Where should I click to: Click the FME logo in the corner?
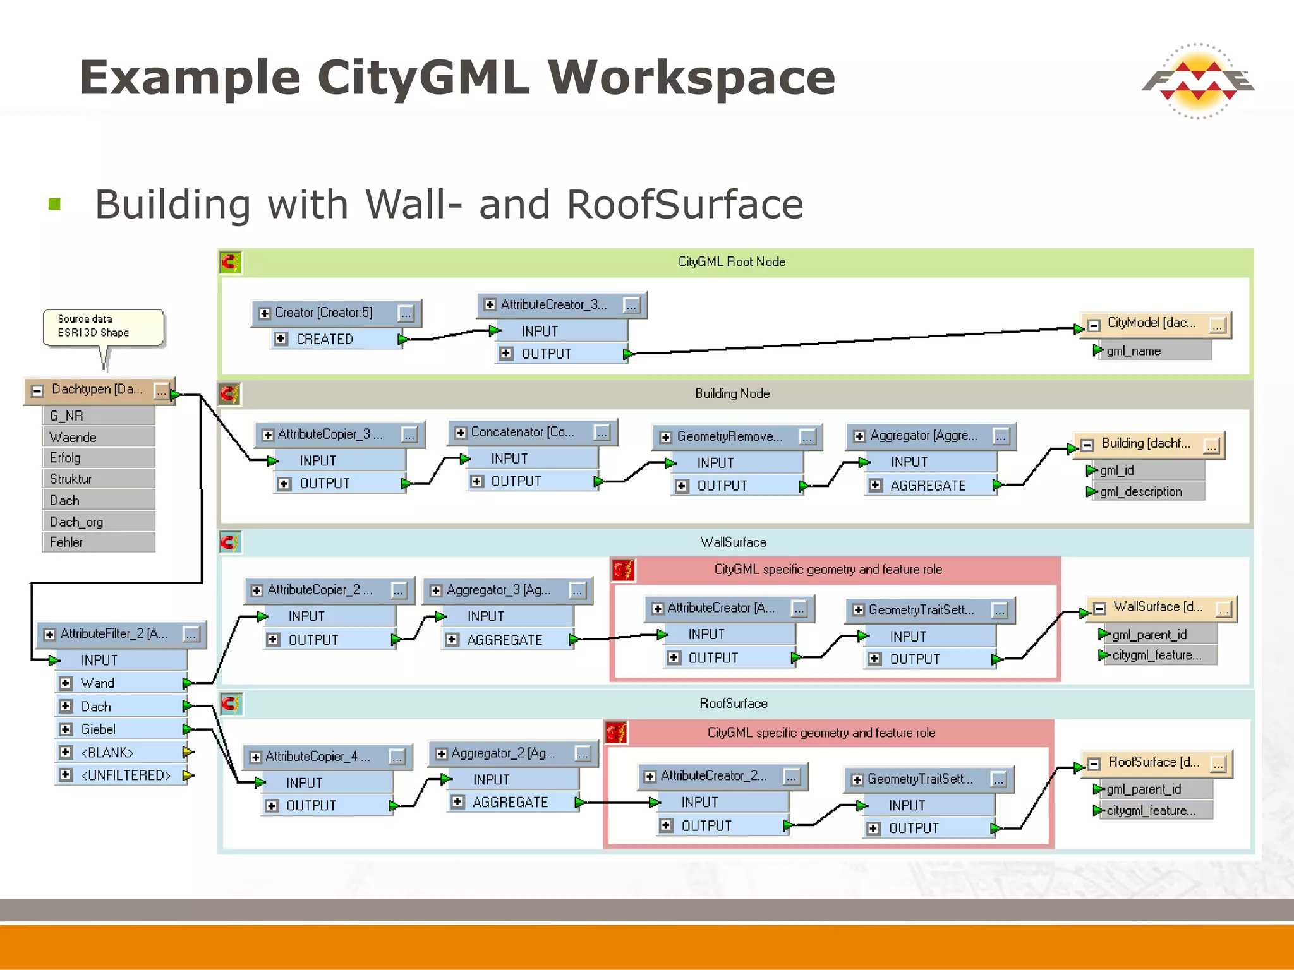point(1197,81)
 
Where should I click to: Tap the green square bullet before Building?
point(55,204)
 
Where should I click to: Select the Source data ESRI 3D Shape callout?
point(102,326)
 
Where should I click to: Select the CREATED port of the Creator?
point(325,339)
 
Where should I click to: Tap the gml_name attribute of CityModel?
point(1134,351)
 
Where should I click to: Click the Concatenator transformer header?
point(523,432)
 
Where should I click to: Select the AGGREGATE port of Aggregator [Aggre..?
point(928,486)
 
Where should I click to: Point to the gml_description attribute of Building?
point(1140,492)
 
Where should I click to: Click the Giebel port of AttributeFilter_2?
point(99,729)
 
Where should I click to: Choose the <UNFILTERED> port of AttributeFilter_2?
point(126,775)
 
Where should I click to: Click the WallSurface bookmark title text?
point(733,542)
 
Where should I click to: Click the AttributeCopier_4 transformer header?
point(317,757)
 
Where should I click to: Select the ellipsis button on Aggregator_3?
point(577,590)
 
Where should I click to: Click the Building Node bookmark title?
point(732,393)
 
